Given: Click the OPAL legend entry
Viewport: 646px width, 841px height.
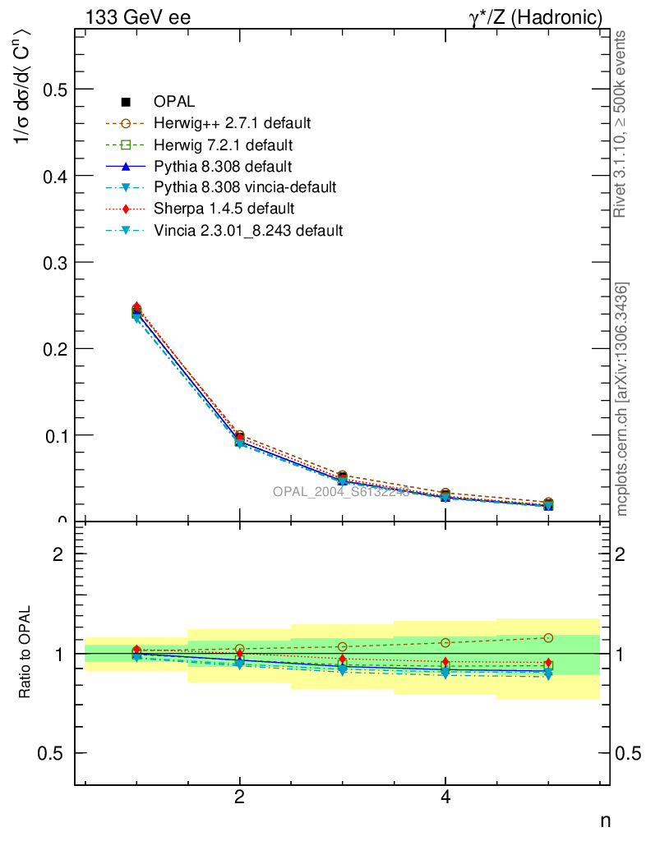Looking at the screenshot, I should [x=173, y=102].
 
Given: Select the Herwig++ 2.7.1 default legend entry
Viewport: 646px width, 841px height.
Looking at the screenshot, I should [x=232, y=124].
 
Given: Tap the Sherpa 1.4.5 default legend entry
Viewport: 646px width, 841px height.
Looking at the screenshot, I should [x=224, y=209].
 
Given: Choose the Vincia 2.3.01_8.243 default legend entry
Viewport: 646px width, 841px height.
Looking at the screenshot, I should [x=247, y=230].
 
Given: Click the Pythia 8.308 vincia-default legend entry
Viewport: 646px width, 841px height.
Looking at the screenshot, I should [x=244, y=187].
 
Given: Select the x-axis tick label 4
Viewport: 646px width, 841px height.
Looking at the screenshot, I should [x=445, y=797].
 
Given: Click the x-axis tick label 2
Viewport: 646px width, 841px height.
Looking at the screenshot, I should [x=239, y=797].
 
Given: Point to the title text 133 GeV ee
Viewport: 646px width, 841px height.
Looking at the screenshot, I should [x=137, y=16].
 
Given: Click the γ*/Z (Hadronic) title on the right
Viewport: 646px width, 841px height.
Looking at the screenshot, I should [x=536, y=16].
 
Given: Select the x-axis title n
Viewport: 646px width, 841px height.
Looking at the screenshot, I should [x=605, y=820].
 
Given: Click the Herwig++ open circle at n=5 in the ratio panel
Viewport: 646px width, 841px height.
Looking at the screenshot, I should [x=548, y=638].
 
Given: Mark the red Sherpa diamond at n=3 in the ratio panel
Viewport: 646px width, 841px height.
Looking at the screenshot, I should [x=343, y=659].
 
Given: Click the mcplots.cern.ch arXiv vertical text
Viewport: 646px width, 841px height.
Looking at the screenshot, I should [x=622, y=399].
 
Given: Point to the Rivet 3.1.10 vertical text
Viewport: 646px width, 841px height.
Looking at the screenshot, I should [x=622, y=123].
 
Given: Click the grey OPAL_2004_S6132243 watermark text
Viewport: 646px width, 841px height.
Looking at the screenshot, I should [x=341, y=491].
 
